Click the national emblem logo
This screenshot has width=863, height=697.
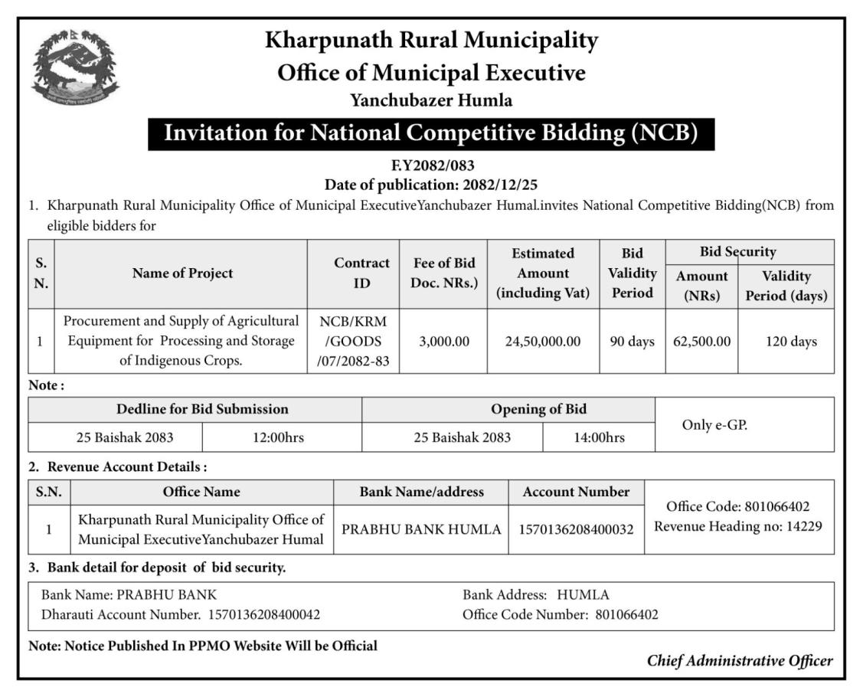75,67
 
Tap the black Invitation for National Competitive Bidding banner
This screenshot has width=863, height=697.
431,133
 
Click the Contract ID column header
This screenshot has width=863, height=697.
361,273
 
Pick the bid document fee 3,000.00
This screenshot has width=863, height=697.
444,342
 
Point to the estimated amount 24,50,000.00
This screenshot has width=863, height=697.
543,342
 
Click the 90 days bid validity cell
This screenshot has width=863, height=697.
632,342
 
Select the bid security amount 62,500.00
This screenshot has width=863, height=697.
701,342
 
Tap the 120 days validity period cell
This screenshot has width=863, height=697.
791,342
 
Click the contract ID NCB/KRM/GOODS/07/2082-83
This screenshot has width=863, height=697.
353,342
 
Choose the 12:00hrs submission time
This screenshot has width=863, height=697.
279,438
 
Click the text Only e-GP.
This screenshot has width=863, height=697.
714,424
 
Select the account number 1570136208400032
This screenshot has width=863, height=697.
577,529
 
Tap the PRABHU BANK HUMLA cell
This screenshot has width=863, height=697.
421,529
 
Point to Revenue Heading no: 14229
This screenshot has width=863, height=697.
738,526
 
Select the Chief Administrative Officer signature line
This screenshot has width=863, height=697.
739,661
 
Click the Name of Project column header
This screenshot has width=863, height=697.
182,273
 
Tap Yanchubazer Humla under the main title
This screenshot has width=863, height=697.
431,100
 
